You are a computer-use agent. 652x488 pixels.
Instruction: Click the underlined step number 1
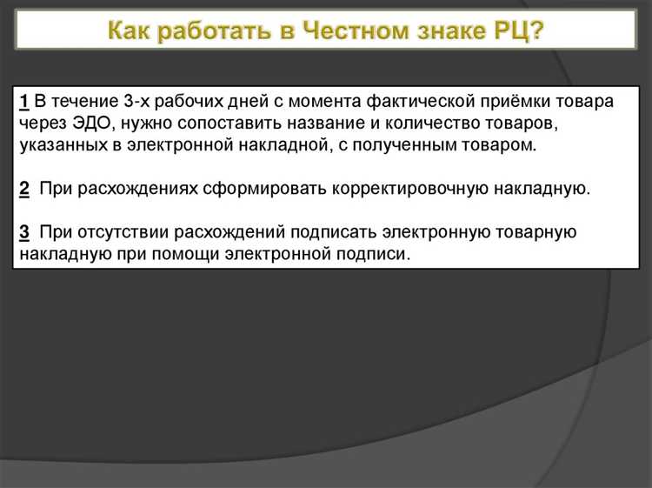23,102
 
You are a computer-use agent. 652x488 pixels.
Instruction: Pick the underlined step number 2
23,188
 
